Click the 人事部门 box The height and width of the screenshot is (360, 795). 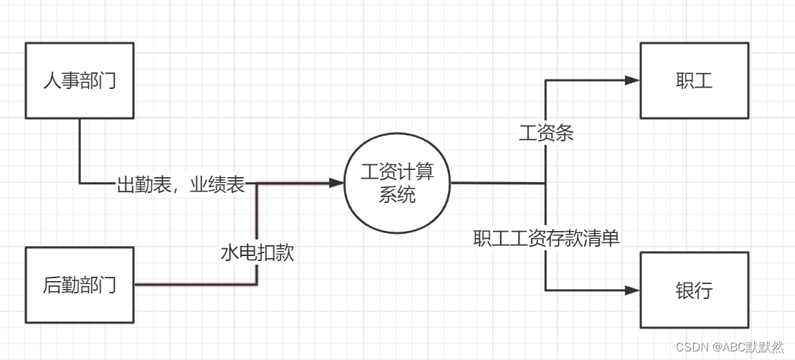click(x=80, y=80)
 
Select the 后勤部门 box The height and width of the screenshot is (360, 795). click(x=80, y=285)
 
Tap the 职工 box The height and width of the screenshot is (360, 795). click(x=694, y=80)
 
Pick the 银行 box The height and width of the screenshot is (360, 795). click(x=694, y=290)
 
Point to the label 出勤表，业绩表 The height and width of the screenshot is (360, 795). click(x=181, y=185)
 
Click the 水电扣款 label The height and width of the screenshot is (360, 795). click(x=257, y=252)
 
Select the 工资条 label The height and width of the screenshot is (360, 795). click(x=546, y=133)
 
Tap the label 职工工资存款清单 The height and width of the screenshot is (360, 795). click(x=546, y=238)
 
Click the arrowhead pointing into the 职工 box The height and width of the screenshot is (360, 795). click(x=632, y=80)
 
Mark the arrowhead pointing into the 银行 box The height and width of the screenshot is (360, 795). click(x=632, y=290)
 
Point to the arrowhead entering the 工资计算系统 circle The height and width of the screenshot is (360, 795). click(x=337, y=183)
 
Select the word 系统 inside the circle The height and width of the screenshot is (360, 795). click(x=397, y=194)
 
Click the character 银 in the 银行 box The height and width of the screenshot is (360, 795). click(x=685, y=290)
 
